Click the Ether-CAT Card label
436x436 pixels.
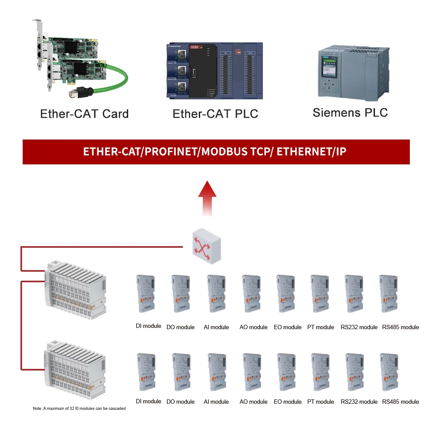click(x=84, y=114)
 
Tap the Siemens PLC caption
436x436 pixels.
click(x=350, y=112)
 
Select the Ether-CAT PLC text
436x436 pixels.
click(x=215, y=114)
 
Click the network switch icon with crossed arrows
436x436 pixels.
click(x=206, y=247)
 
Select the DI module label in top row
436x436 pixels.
click(x=148, y=326)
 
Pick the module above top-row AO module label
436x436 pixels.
click(x=252, y=293)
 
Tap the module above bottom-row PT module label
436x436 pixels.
click(x=320, y=372)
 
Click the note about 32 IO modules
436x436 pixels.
click(x=79, y=409)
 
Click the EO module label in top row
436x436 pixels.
click(x=287, y=327)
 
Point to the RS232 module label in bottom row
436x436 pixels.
click(x=359, y=402)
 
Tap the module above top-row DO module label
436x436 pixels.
click(x=180, y=293)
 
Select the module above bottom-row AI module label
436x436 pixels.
click(x=216, y=372)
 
